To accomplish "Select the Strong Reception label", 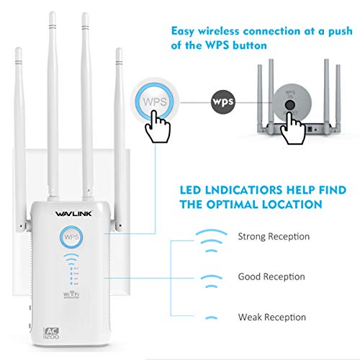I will (274, 236).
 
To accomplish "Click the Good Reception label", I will (271, 276).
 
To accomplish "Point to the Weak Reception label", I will (272, 317).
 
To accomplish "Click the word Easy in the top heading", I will (186, 31).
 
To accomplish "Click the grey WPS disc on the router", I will (291, 102).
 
